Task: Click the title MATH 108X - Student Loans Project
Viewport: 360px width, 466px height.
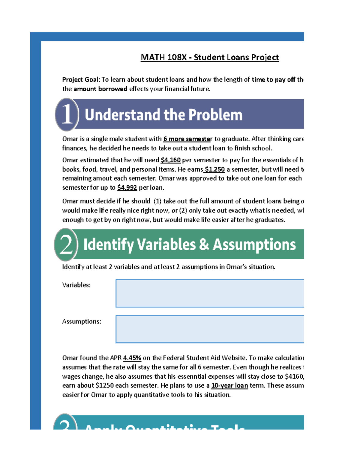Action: coord(209,57)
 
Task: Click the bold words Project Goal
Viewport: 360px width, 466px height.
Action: coord(80,80)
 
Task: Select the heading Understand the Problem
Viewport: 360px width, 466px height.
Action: coord(163,115)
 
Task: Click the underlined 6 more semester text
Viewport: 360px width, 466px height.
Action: coord(187,139)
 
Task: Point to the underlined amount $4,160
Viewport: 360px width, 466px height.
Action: coord(170,160)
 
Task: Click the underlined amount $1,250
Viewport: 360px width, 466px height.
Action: coord(214,169)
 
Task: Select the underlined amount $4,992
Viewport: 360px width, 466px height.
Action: coord(127,188)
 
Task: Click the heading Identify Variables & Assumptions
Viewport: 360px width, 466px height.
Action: coord(189,244)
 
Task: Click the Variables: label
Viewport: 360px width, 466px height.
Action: coord(76,285)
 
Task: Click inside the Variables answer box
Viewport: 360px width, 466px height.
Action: coord(209,293)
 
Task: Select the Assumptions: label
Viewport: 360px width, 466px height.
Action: coord(82,321)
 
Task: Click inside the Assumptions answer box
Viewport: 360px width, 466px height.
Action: coord(209,329)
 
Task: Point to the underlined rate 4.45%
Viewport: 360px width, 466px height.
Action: coord(132,358)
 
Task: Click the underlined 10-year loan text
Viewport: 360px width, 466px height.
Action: coord(229,385)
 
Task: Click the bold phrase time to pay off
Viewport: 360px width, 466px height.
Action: coord(273,80)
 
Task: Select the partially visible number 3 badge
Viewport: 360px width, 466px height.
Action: coord(65,423)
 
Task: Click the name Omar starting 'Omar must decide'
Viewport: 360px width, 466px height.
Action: coord(70,201)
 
